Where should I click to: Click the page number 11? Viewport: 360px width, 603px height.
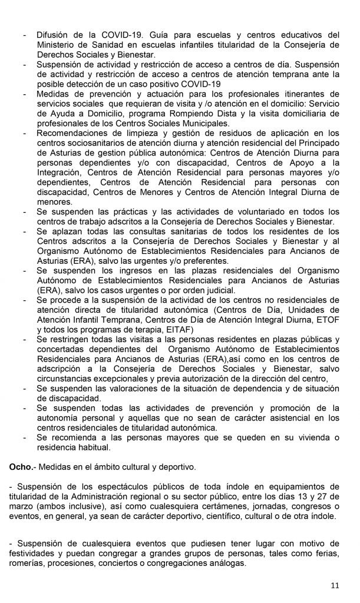coord(334,585)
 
